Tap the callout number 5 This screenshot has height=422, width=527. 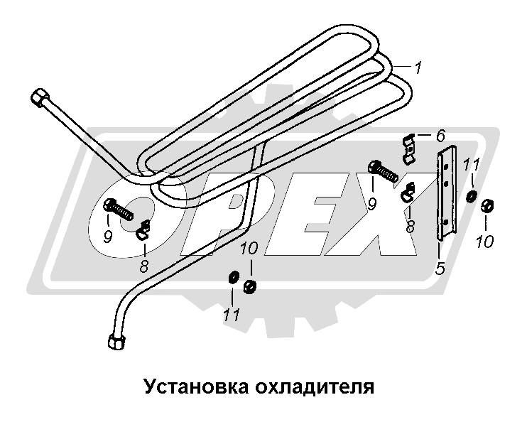point(440,269)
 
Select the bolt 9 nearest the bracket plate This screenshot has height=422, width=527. point(384,173)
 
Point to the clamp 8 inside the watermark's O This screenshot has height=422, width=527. point(144,228)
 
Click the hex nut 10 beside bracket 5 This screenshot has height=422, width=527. point(487,207)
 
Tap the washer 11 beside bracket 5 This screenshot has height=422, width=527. point(471,195)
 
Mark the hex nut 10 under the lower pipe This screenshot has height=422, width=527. point(250,286)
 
